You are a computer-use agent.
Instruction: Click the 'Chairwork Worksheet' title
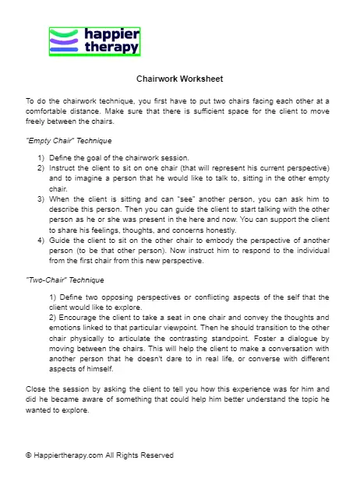[180, 79]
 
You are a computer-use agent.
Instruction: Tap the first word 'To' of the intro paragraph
[30, 101]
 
